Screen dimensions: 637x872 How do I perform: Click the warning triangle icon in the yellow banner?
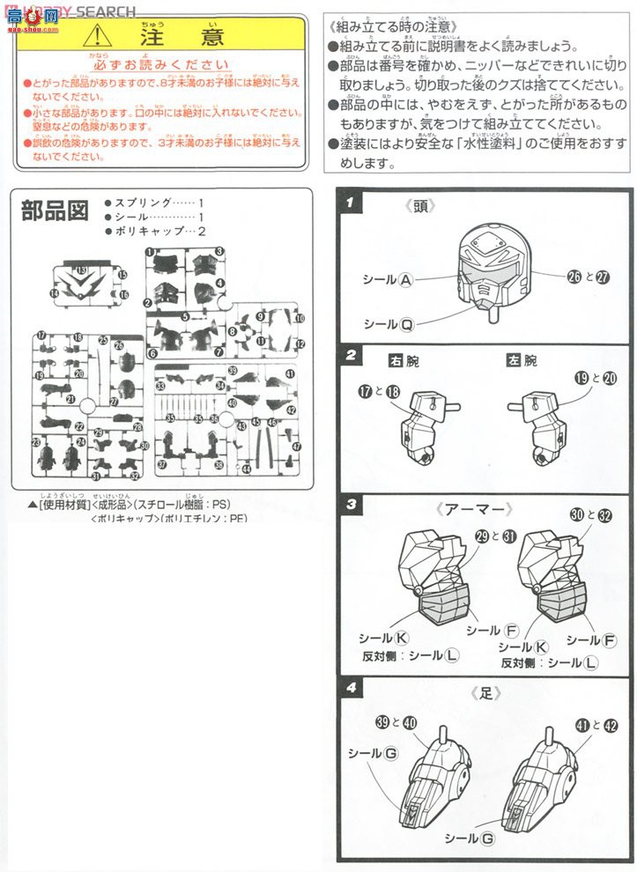(97, 36)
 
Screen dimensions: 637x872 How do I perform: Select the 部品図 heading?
(55, 211)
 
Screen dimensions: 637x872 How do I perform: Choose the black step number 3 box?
(350, 505)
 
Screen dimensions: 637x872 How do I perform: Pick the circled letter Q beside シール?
(406, 323)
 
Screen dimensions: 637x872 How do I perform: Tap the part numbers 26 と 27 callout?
(589, 277)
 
